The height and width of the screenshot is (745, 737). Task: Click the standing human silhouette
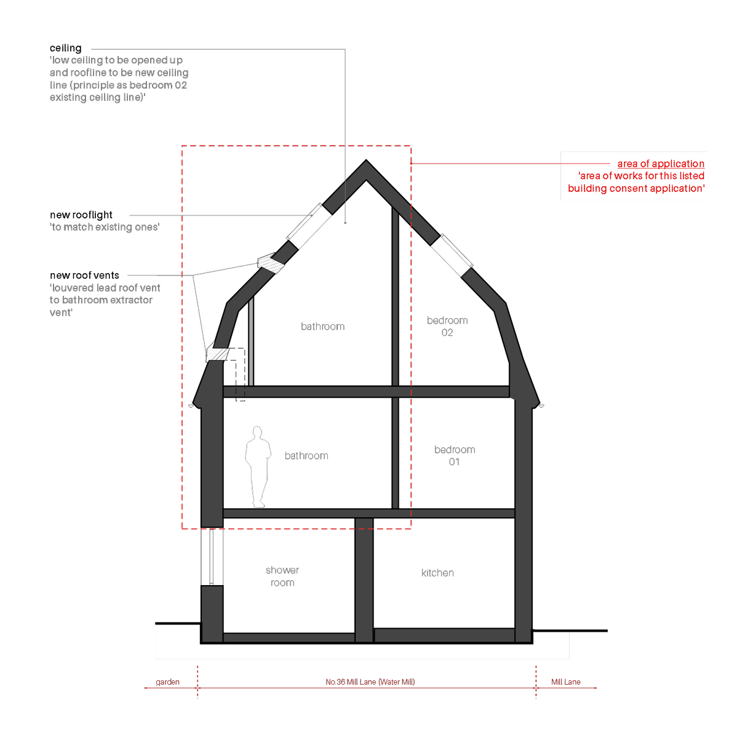click(x=258, y=466)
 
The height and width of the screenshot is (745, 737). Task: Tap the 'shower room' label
click(x=282, y=576)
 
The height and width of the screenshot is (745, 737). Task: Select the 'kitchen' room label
click(x=437, y=573)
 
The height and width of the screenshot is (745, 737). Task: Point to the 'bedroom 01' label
click(x=454, y=455)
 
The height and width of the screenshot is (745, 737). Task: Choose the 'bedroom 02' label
click(x=447, y=326)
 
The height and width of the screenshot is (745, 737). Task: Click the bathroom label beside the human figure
click(x=306, y=456)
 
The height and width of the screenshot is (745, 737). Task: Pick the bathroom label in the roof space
click(x=322, y=327)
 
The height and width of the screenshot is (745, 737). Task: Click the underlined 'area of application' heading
click(x=661, y=164)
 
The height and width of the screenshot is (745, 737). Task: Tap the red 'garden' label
click(x=167, y=682)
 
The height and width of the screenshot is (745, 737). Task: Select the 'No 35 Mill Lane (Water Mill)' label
click(x=370, y=682)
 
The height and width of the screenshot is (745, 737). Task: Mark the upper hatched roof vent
click(x=270, y=263)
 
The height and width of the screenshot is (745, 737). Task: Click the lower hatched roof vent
click(x=218, y=353)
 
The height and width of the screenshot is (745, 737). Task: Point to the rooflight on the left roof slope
click(x=304, y=221)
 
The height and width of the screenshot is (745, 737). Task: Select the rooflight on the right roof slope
click(x=452, y=255)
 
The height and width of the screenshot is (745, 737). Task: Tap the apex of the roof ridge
click(x=366, y=164)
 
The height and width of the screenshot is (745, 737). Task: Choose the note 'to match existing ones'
click(x=105, y=227)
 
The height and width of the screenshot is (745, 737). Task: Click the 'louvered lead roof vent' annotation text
click(x=105, y=300)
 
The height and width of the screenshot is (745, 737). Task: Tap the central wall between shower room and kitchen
click(x=364, y=578)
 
